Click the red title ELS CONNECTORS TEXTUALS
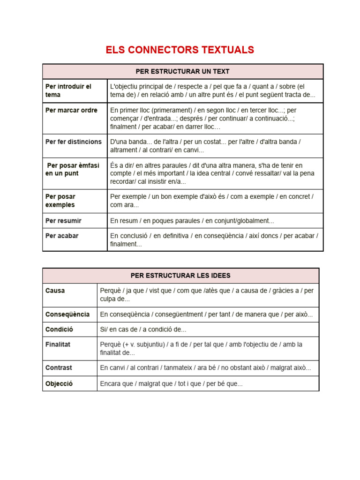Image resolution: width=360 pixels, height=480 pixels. [x=180, y=50]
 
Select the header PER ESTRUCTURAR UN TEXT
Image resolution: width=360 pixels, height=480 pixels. [x=182, y=72]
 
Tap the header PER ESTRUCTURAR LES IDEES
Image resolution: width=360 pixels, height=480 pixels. [x=180, y=276]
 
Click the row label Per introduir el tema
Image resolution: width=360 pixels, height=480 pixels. [x=68, y=90]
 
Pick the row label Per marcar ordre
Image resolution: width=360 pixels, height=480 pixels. [x=71, y=110]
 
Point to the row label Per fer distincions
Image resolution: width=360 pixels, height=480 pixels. [x=73, y=142]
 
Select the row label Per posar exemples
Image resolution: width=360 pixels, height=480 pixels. [x=60, y=201]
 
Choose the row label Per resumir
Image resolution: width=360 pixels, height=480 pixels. [x=63, y=220]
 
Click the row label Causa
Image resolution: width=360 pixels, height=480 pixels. [x=55, y=291]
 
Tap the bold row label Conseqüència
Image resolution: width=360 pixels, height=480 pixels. [x=67, y=314]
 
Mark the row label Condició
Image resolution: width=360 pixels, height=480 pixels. [x=59, y=330]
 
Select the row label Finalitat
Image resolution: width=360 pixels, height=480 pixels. [x=58, y=344]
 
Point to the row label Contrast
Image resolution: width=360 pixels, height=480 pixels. [x=59, y=368]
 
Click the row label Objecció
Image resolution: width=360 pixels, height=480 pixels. [x=59, y=384]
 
